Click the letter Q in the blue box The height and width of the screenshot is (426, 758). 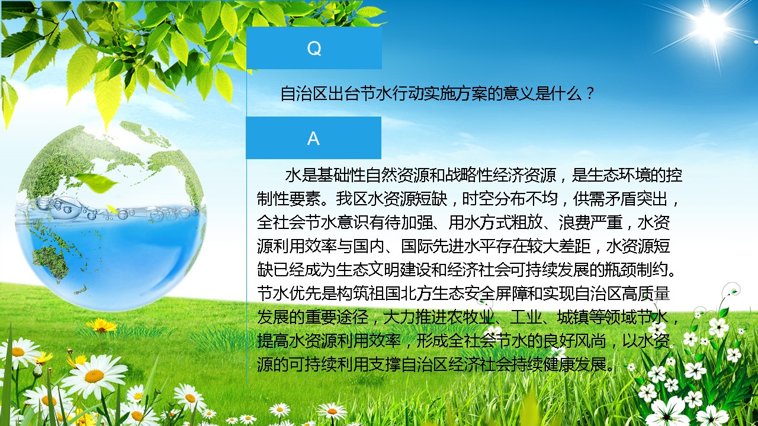(314, 49)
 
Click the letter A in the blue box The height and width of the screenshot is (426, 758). (313, 138)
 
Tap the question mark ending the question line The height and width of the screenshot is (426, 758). (590, 93)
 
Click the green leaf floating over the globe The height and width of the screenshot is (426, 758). (97, 183)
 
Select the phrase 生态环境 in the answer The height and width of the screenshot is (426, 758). (619, 175)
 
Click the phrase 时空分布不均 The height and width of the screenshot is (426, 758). (510, 199)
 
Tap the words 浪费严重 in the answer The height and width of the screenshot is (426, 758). (590, 222)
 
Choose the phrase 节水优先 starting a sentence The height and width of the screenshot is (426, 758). (288, 293)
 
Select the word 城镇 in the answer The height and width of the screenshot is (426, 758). (573, 317)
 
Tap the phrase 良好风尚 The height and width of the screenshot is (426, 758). (574, 341)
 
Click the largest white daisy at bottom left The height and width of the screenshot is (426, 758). (94, 375)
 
